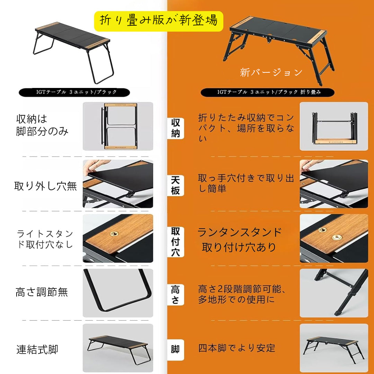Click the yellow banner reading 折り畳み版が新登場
coord(159,21)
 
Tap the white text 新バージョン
coord(271,72)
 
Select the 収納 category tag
coord(176,128)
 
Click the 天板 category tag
coord(176,186)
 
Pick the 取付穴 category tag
coord(176,242)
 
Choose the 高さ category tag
coord(176,295)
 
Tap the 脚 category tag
coord(176,350)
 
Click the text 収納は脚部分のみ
coord(42,125)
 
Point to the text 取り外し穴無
coord(45,186)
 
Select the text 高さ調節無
coord(42,292)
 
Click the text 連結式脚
coord(37,350)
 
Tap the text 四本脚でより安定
coord(237,348)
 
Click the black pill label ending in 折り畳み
coord(267,92)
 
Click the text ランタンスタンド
coord(240,232)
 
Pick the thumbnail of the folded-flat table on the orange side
coord(334,126)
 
